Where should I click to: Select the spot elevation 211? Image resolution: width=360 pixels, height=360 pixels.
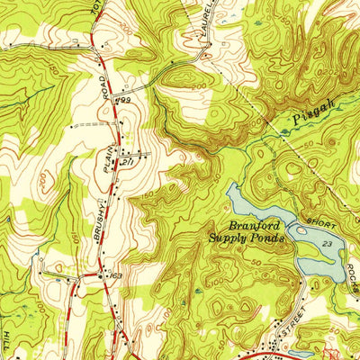(x=129, y=159)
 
